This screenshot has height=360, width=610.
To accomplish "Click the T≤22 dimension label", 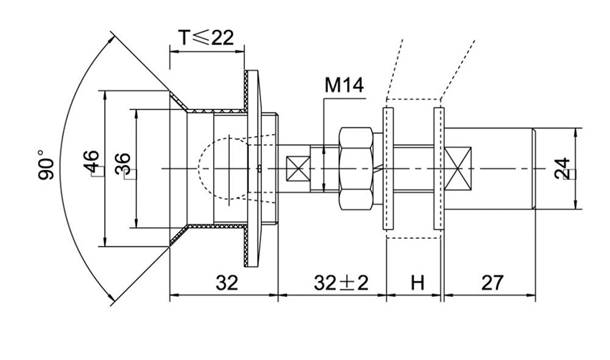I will tap(207, 38).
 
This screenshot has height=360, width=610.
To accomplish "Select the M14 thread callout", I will tap(344, 86).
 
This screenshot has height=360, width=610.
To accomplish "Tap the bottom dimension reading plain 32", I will tap(227, 283).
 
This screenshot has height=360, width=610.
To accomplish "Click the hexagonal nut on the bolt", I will tap(355, 169).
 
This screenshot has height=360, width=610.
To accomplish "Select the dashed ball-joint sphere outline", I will tap(215, 169).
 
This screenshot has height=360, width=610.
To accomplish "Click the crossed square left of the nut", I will tap(297, 169).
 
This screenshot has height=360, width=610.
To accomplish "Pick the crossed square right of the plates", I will tap(457, 169).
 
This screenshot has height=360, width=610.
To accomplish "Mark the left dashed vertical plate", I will tap(388, 169).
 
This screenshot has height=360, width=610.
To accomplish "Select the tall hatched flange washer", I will tap(251, 169).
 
